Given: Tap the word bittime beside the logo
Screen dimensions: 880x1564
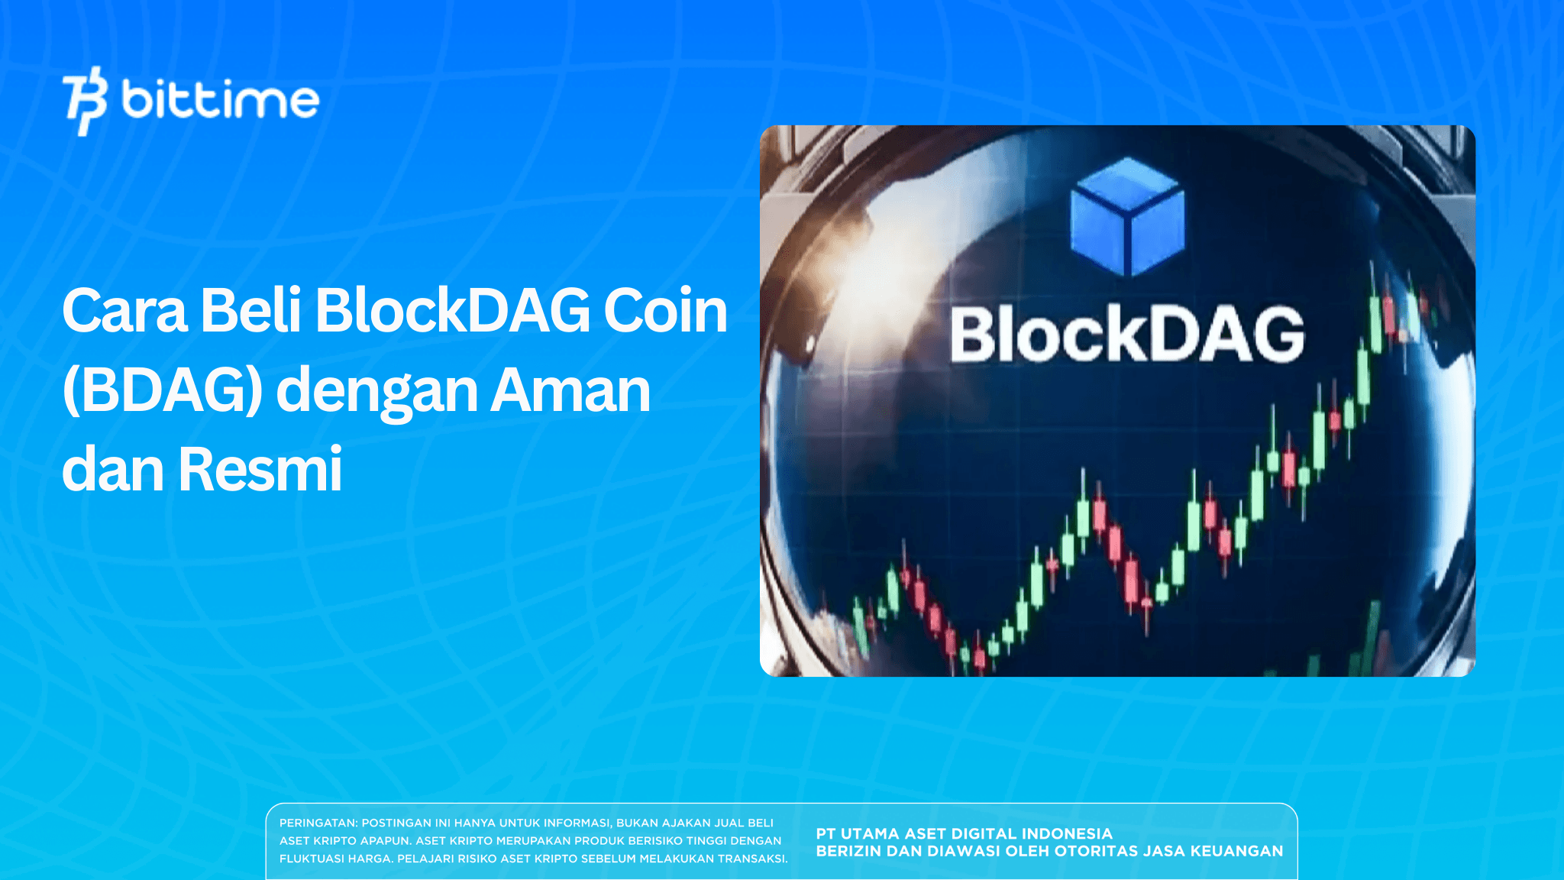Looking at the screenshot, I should (x=220, y=100).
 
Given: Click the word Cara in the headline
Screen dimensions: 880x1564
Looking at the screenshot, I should (x=124, y=311).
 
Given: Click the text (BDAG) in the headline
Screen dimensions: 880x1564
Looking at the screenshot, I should (x=163, y=390).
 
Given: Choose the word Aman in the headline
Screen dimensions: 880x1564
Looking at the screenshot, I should (x=570, y=390).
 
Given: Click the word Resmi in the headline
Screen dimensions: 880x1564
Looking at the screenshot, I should (x=260, y=469).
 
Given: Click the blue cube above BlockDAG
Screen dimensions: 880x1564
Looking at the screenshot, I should (x=1127, y=216).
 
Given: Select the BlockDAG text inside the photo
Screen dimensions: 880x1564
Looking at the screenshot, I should (x=1127, y=335).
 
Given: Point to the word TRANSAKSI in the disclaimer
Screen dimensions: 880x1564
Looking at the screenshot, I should (x=751, y=859).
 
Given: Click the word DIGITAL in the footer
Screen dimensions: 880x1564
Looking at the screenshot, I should (x=981, y=834).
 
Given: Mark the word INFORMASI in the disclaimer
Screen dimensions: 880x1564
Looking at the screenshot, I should (x=577, y=823).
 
